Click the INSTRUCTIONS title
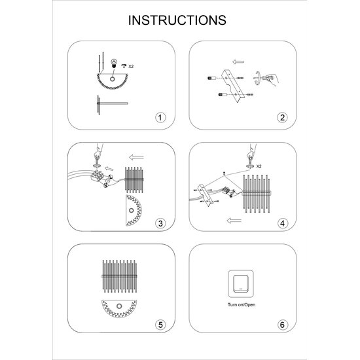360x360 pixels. tap(177, 20)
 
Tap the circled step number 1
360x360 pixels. tap(160, 118)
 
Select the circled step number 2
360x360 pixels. tap(282, 118)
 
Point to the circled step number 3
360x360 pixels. tap(160, 223)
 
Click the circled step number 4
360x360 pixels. tap(282, 223)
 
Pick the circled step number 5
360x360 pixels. tap(160, 325)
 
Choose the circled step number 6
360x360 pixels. tap(282, 325)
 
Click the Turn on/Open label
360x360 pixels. tap(242, 304)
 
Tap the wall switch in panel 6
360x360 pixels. tap(241, 284)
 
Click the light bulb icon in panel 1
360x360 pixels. tap(114, 63)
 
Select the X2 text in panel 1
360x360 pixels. tap(131, 66)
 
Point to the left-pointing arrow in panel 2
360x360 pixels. tap(238, 62)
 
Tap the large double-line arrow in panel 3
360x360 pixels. tap(136, 157)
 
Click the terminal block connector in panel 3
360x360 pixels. tap(97, 175)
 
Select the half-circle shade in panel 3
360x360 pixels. tap(134, 211)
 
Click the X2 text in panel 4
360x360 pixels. tap(259, 166)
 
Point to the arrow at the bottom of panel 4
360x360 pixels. tap(234, 221)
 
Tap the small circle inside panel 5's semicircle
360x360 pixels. tap(119, 306)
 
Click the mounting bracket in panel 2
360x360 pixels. tap(233, 86)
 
